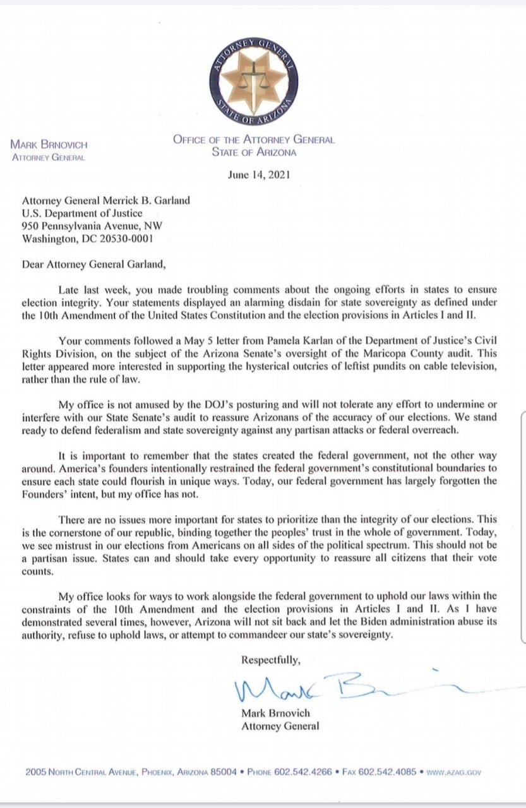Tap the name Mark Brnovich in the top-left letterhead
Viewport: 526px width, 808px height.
click(48, 145)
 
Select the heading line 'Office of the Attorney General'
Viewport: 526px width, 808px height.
click(254, 140)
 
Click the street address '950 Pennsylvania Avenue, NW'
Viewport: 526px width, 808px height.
click(90, 227)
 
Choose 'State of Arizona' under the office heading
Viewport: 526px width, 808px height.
click(254, 152)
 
